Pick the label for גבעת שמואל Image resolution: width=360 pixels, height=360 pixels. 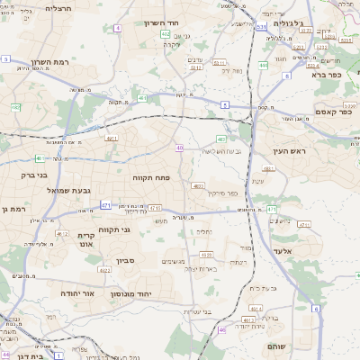58,190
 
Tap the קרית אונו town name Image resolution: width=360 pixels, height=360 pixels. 85,238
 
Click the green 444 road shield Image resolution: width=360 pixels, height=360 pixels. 262,64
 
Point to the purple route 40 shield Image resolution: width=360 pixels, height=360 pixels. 180,148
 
